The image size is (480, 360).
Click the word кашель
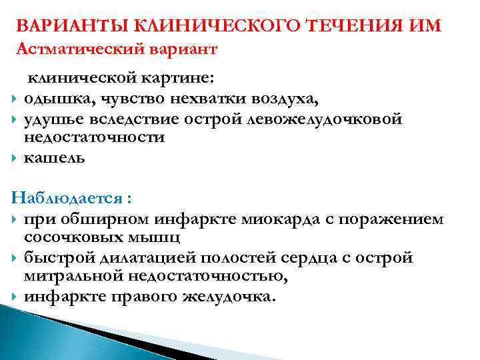(x=55, y=158)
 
